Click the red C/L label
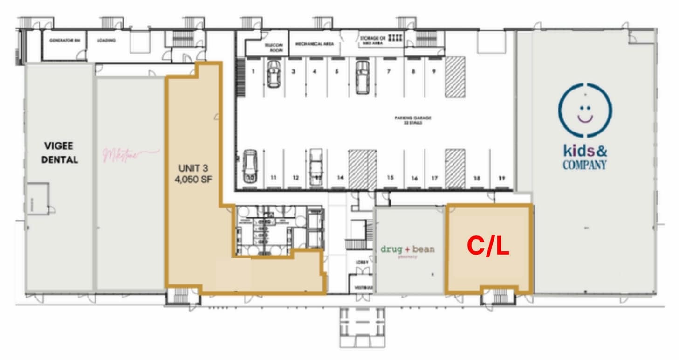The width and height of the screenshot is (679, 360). (x=488, y=247)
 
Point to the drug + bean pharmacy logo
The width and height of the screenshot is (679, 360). (x=407, y=250)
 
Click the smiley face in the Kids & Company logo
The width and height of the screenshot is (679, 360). (x=585, y=110)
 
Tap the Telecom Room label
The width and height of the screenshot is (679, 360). (x=274, y=47)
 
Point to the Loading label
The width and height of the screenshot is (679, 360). (x=106, y=40)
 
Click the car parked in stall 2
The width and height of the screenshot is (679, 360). (x=274, y=74)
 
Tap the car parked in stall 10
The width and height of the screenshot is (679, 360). (x=250, y=167)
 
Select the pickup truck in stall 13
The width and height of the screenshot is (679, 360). (x=316, y=166)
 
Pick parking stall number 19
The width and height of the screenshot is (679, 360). (x=502, y=178)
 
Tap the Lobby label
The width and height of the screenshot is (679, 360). (x=362, y=263)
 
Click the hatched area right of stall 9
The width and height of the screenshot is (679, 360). (x=454, y=77)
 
